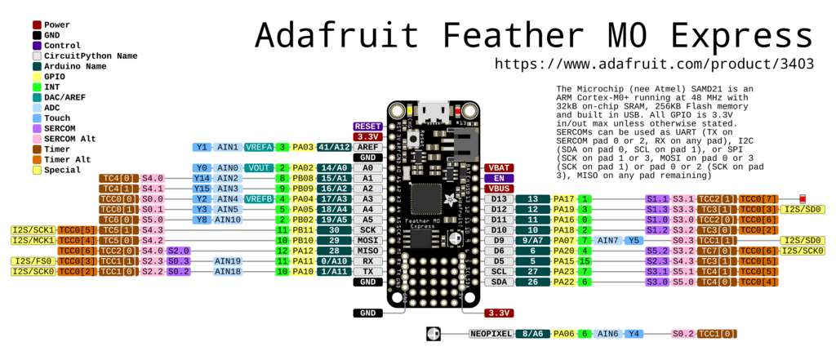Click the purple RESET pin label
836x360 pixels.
coord(367,127)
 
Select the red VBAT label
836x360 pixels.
coord(499,167)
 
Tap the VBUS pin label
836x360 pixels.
coord(499,189)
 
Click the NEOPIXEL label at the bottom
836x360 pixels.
coord(492,333)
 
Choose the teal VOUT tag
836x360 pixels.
coord(260,167)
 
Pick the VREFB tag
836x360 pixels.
coord(259,199)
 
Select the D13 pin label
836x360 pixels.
coord(498,199)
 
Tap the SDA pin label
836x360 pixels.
coord(498,282)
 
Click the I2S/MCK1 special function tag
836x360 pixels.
coord(33,241)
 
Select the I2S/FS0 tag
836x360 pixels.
coord(33,261)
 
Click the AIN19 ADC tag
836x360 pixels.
coord(229,261)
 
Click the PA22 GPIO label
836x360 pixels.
coord(563,282)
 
